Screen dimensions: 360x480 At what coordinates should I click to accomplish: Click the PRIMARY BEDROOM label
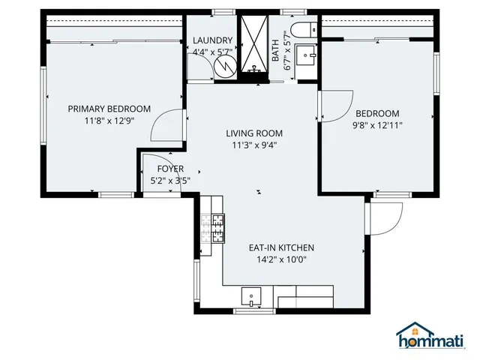(x=109, y=109)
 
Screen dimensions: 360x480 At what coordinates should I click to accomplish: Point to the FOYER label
(x=170, y=169)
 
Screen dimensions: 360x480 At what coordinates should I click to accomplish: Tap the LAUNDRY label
(x=212, y=40)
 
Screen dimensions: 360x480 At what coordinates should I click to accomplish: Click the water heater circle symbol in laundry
(x=224, y=67)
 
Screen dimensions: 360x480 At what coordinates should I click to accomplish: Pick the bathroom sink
(x=307, y=55)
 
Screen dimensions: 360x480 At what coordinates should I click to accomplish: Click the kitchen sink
(x=251, y=295)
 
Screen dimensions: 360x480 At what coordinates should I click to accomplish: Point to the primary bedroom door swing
(x=166, y=126)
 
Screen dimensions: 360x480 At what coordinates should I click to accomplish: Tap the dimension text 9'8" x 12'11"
(x=378, y=126)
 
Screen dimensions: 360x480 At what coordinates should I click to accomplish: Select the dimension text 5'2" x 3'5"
(x=170, y=181)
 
